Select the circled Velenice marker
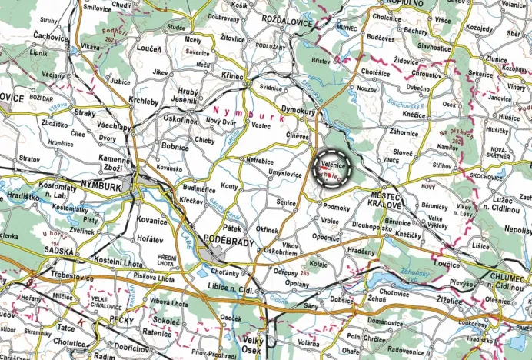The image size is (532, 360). [x=333, y=167]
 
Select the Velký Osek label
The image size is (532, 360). [x=249, y=344]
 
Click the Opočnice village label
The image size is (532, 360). [x=326, y=238]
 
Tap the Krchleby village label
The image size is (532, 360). [x=144, y=101]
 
